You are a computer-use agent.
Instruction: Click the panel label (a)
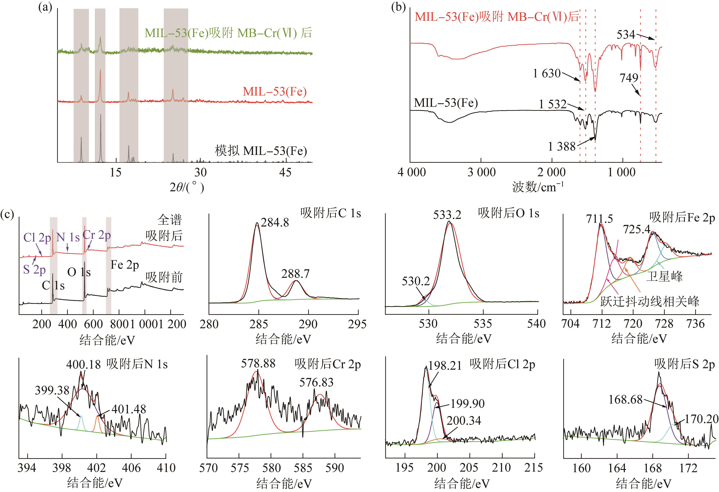[45, 7]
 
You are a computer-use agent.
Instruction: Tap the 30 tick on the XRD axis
[200, 172]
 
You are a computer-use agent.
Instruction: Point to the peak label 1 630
[547, 73]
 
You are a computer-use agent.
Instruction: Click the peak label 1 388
[562, 146]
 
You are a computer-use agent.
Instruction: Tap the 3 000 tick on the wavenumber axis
[481, 172]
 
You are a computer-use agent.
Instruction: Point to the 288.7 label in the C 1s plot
[295, 274]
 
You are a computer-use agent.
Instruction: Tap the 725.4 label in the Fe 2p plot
[636, 229]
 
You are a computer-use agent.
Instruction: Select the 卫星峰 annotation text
[664, 276]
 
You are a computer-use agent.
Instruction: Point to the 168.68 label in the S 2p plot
[626, 399]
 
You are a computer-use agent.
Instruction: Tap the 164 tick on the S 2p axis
[617, 468]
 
